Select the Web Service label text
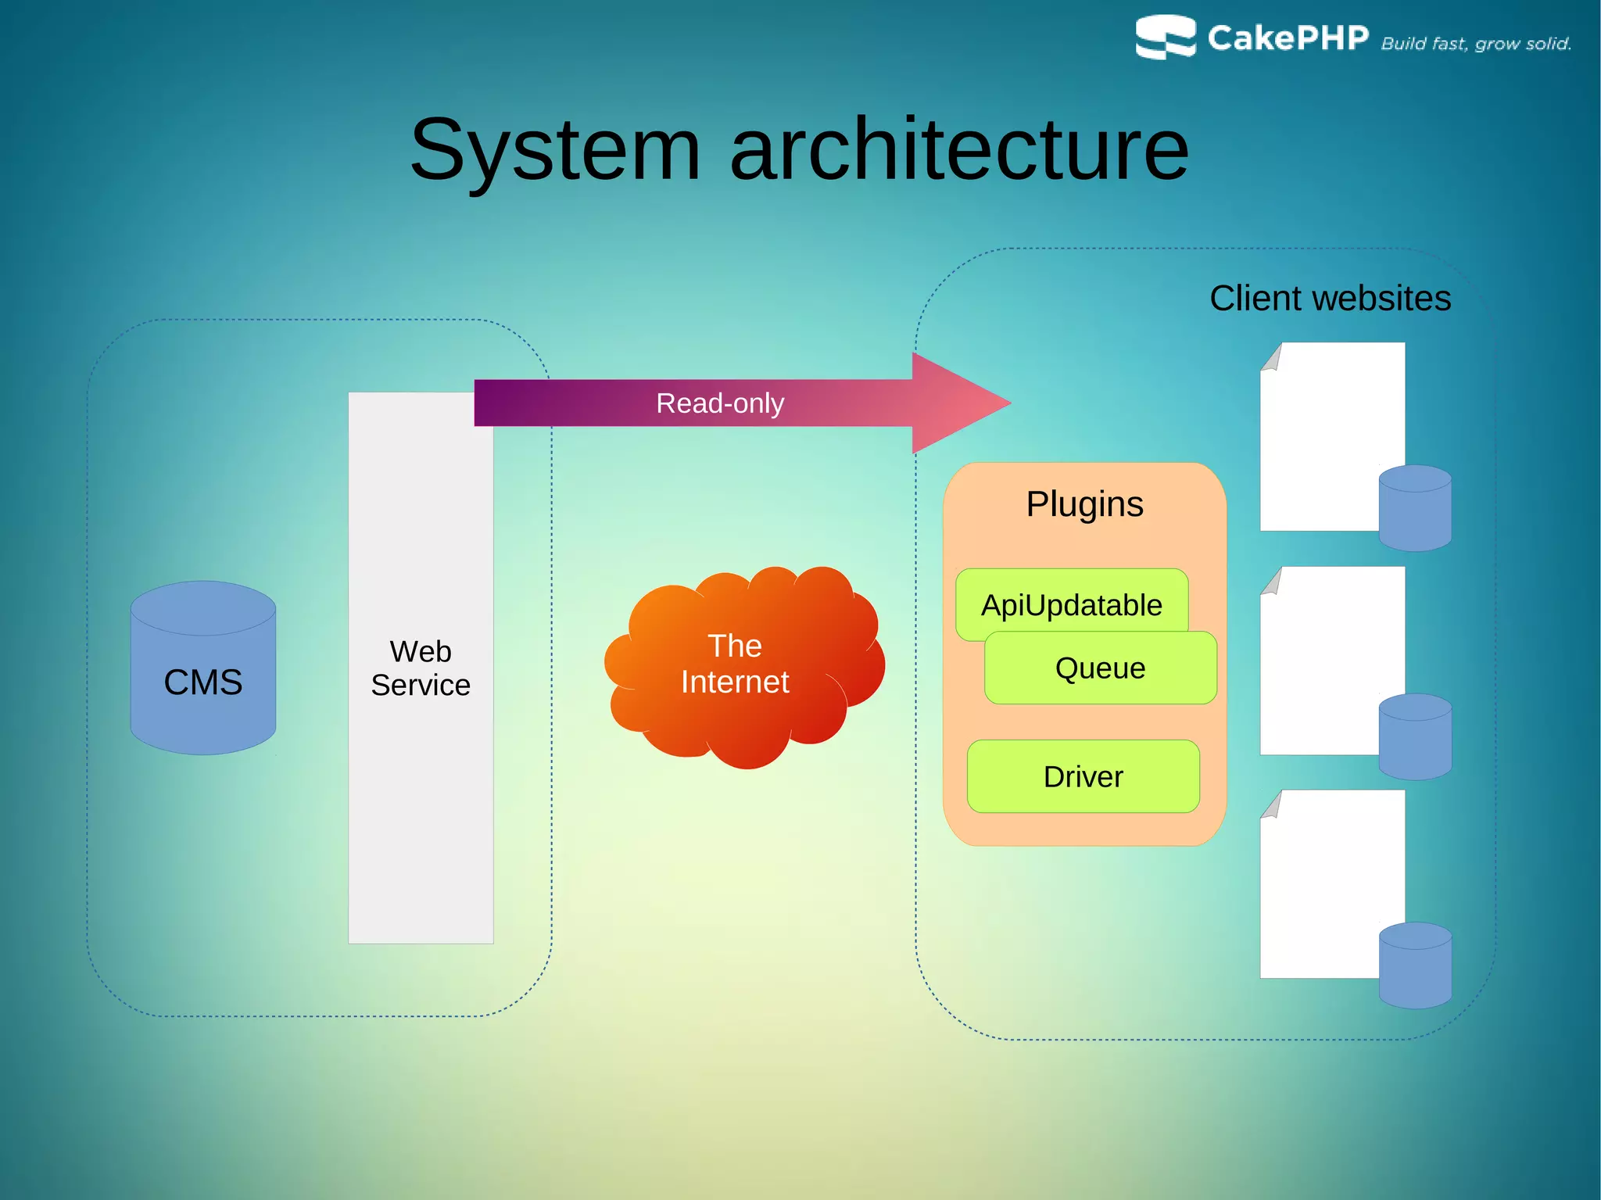point(421,668)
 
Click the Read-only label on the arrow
point(720,403)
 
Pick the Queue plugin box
point(1100,669)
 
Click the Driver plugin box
point(1083,776)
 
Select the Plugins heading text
point(1084,504)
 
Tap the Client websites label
point(1330,299)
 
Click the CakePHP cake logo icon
point(1165,37)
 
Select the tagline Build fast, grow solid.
point(1476,44)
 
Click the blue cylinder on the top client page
point(1415,508)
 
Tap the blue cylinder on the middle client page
point(1415,736)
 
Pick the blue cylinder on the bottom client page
point(1415,965)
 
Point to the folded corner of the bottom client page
point(1272,806)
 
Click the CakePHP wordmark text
point(1288,38)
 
